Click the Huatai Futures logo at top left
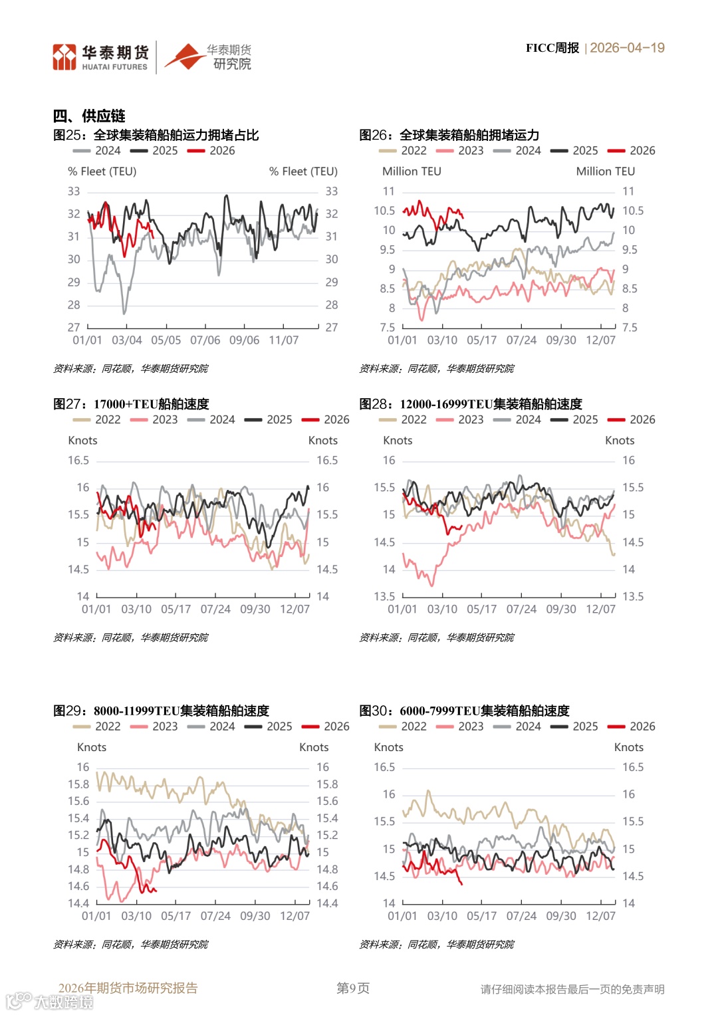pos(100,57)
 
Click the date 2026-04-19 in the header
pos(627,48)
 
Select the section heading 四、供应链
pos(89,116)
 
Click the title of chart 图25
pos(156,135)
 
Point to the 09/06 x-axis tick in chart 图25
pos(244,340)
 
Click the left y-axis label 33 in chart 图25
pos(74,191)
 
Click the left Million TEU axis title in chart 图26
pos(412,171)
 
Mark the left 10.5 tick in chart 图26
pos(384,211)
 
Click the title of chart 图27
pos(132,404)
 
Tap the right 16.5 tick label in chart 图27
pos(327,461)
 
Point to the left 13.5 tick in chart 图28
pos(384,596)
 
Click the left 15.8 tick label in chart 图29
pos(78,784)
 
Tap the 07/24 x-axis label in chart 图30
pos(521,916)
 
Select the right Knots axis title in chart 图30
pos(628,748)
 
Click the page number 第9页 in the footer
pos(353,988)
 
